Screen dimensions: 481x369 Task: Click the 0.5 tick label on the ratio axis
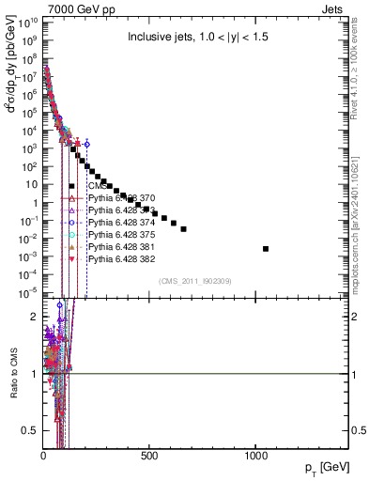pyautogui.click(x=29, y=430)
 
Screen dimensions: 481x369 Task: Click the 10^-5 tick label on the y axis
pyautogui.click(x=28, y=292)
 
